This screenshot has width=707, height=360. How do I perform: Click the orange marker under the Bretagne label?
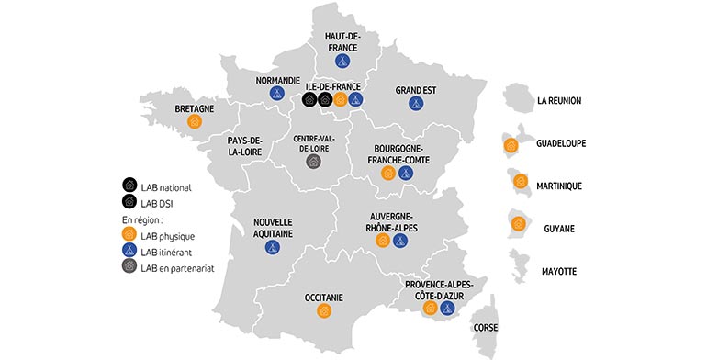tap(194, 121)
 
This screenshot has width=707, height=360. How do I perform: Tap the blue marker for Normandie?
tap(275, 93)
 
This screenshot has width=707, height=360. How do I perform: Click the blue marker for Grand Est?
tap(416, 104)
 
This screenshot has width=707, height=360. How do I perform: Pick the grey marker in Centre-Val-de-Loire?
tap(313, 161)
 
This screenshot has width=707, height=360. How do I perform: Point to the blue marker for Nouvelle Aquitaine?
tap(272, 246)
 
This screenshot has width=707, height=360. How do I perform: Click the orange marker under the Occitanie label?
tap(323, 311)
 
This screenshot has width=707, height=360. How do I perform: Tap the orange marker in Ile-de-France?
tap(341, 99)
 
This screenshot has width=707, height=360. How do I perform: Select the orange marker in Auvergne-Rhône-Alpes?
tap(383, 242)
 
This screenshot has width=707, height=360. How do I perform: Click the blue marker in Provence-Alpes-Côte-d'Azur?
tap(447, 309)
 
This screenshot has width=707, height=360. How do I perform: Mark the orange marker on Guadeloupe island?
tap(509, 144)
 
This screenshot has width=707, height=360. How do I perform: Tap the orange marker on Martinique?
tap(521, 181)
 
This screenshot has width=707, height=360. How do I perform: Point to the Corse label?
tap(486, 327)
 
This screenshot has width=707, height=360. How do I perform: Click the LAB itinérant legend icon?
tap(129, 252)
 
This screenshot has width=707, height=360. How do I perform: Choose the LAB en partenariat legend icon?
tap(129, 267)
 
